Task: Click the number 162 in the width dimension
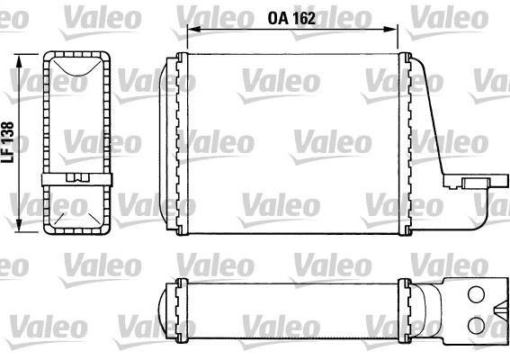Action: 305,16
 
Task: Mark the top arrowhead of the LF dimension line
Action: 19,58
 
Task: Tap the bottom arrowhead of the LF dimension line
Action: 19,229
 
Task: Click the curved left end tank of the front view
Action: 166,144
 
